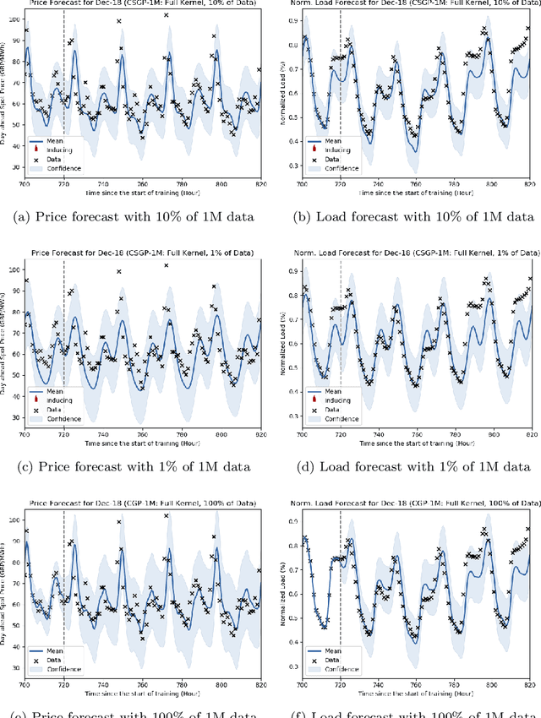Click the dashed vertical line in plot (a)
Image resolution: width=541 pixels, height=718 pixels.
pyautogui.click(x=63, y=84)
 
